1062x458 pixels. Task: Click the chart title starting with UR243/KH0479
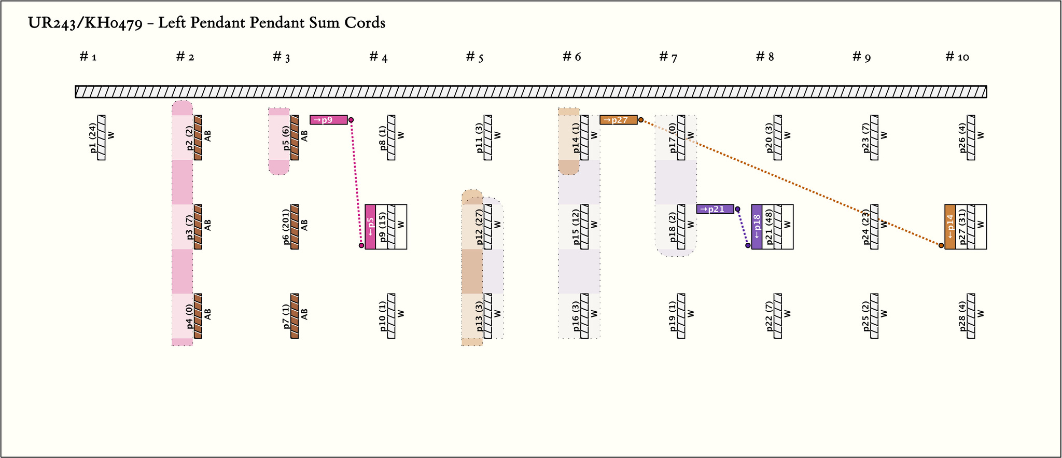point(206,23)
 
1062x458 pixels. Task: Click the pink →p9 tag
point(329,120)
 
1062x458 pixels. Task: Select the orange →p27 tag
point(619,120)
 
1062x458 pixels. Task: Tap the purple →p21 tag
point(715,209)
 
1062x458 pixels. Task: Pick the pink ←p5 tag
point(370,227)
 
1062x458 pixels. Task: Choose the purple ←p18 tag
point(757,227)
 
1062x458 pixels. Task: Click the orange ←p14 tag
point(950,227)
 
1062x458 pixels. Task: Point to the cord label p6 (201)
point(287,227)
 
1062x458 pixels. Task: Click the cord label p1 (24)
point(93,137)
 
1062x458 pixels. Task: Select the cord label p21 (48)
point(769,227)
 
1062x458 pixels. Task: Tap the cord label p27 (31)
point(962,227)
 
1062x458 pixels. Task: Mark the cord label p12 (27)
point(480,227)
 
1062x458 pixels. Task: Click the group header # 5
point(474,57)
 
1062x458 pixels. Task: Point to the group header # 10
point(957,57)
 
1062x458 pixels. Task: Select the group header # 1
point(88,57)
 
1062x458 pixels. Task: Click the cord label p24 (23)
point(866,227)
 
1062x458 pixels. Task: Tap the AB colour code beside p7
point(305,314)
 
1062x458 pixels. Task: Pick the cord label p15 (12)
point(576,227)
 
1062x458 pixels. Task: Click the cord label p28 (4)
point(963,316)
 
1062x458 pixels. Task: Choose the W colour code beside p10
point(401,314)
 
